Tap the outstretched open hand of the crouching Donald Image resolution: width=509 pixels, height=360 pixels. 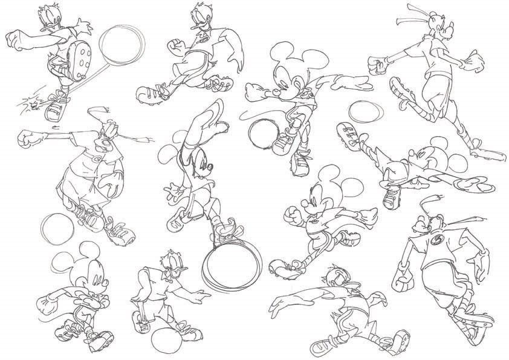196,296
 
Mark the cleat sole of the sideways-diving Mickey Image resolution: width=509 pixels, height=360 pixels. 346,131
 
